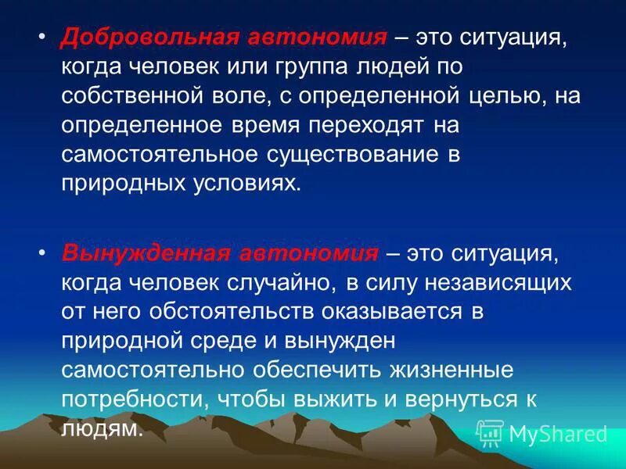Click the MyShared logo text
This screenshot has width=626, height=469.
[x=558, y=434]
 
